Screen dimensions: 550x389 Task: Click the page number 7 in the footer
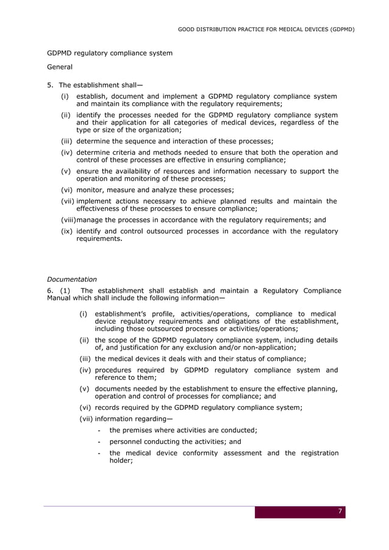(340, 511)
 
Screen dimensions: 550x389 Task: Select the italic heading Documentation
(72, 279)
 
